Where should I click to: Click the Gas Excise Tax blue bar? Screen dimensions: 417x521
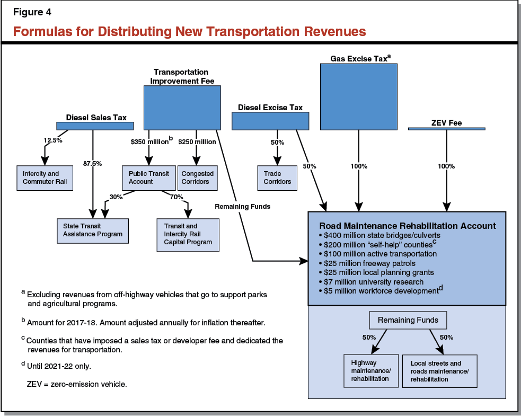pyautogui.click(x=359, y=97)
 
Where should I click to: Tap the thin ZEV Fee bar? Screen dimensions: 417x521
pyautogui.click(x=447, y=128)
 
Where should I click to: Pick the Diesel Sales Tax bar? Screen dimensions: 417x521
pyautogui.click(x=95, y=126)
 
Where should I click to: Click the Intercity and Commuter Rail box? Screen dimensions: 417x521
pyautogui.click(x=45, y=178)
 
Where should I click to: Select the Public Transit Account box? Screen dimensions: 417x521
pyautogui.click(x=148, y=178)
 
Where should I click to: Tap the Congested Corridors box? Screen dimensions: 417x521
pyautogui.click(x=198, y=178)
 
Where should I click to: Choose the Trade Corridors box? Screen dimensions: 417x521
pyautogui.click(x=278, y=178)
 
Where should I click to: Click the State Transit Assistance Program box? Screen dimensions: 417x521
pyautogui.click(x=93, y=230)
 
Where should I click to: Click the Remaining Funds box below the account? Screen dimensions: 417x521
pyautogui.click(x=408, y=320)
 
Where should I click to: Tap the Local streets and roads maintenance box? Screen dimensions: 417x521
pyautogui.click(x=439, y=371)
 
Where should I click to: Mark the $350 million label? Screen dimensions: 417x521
pyautogui.click(x=150, y=142)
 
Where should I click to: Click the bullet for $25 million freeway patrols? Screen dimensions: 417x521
pyautogui.click(x=321, y=263)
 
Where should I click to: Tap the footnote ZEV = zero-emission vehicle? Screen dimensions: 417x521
pyautogui.click(x=77, y=383)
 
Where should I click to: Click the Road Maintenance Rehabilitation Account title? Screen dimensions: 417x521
pyautogui.click(x=407, y=226)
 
